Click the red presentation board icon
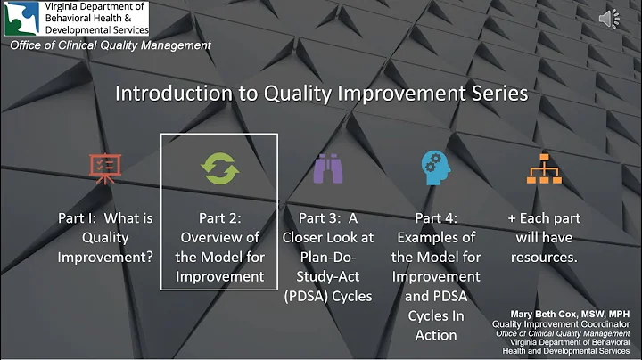pos(105,168)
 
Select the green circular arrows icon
pos(218,168)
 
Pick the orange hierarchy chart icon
pos(544,168)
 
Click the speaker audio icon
pos(609,19)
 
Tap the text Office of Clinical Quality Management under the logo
pos(111,45)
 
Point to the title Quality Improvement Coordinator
pos(554,323)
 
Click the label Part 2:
pos(219,217)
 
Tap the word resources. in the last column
pos(544,257)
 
